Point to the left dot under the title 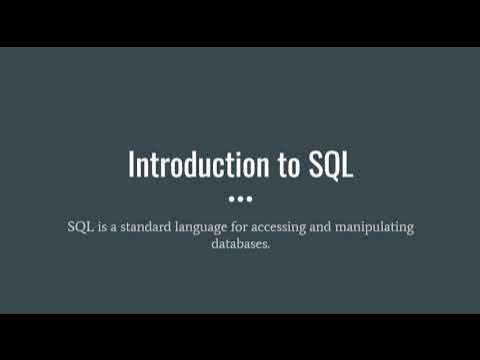point(230,196)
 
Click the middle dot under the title point(240,196)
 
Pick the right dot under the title point(250,196)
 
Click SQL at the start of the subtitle point(79,227)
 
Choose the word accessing point(303,228)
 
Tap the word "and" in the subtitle point(350,227)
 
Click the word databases point(238,244)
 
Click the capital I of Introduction point(131,165)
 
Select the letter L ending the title point(347,165)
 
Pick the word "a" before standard point(117,228)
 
